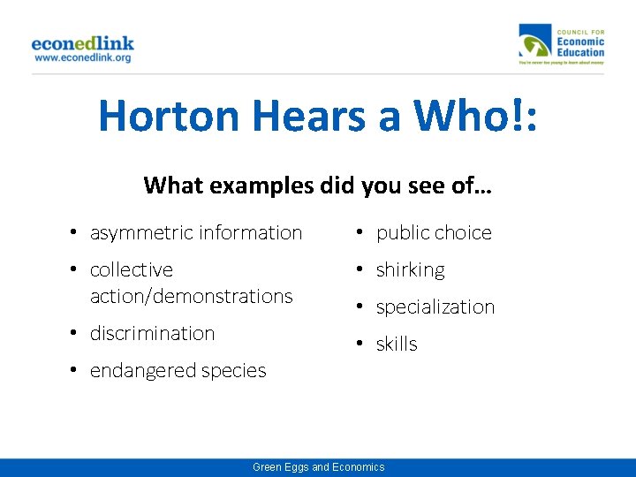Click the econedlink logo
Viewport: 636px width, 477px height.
(x=82, y=42)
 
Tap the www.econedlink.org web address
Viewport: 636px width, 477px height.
(x=82, y=57)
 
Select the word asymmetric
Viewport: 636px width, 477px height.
(x=141, y=233)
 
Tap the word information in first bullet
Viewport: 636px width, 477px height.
(x=251, y=233)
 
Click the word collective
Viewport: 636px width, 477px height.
(x=132, y=270)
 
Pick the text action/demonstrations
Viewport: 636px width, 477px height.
(x=191, y=297)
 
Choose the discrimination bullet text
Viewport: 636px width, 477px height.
(x=152, y=334)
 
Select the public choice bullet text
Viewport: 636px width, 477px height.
(x=434, y=233)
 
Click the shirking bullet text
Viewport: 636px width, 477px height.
(x=410, y=270)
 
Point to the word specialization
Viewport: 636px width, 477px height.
(x=435, y=307)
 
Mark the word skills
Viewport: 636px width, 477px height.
(x=397, y=344)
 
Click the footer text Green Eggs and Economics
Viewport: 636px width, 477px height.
(x=318, y=467)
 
